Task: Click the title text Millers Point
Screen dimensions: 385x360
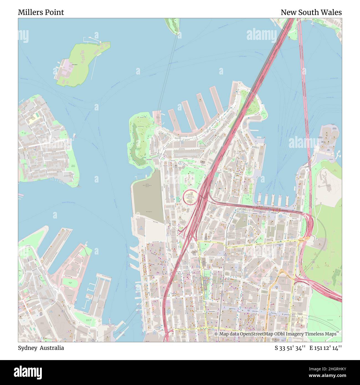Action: click(41, 12)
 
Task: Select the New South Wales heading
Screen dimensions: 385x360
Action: click(311, 12)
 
